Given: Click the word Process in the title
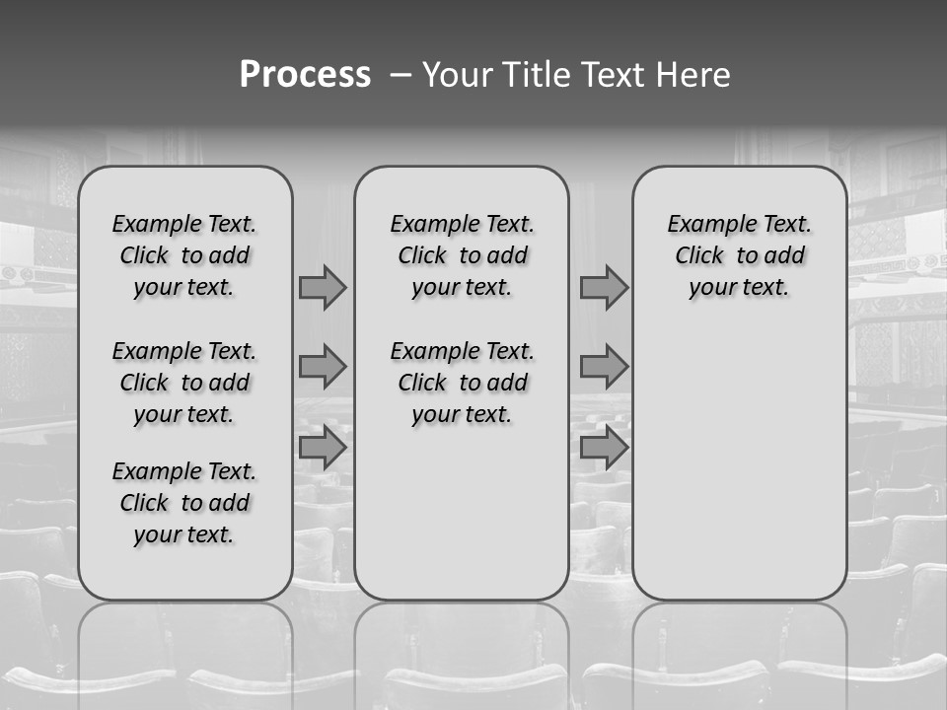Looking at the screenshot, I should pos(305,75).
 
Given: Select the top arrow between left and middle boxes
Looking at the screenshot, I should pos(323,287).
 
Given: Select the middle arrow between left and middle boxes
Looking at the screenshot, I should pos(323,367).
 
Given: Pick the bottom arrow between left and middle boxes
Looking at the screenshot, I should pos(323,448).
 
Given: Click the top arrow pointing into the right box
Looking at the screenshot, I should pos(604,287).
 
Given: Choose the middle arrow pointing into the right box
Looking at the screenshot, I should pos(604,367).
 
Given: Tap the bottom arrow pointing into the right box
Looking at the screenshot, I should pos(604,448).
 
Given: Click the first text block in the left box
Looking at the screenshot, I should pos(184,255).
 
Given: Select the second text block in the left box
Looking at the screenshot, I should pos(184,383).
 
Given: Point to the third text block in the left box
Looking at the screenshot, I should pos(184,503).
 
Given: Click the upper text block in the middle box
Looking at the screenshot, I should pos(462,255).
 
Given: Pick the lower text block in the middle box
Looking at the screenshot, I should pos(462,383).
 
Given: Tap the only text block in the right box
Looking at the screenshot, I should pos(739,255).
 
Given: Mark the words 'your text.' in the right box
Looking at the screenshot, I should pos(739,288).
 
